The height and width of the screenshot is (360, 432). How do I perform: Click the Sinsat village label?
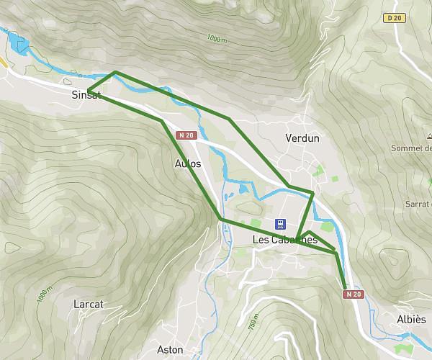pos(86,95)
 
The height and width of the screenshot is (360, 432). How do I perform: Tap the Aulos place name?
pos(188,163)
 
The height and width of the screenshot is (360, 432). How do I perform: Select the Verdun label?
pos(302,138)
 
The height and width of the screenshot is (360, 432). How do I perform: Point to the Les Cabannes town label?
pos(285,240)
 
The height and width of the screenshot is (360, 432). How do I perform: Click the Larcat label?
pos(89,304)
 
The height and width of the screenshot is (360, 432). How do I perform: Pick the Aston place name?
pos(170,350)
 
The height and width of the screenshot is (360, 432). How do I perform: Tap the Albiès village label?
pos(411,319)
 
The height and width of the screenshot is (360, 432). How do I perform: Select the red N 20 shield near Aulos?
pos(186,135)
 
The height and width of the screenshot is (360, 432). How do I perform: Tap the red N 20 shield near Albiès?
pos(351,294)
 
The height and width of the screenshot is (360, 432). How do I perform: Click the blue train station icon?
pos(282,224)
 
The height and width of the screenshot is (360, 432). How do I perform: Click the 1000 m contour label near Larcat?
pos(45,294)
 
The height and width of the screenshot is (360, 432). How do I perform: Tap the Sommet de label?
pos(410,148)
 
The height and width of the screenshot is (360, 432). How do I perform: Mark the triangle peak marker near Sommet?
pos(428,135)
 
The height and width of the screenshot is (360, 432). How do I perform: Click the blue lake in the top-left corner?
pos(20,44)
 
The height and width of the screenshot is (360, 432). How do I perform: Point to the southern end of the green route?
pos(346,287)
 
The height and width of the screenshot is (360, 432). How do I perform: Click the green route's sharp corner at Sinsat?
pos(88,91)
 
